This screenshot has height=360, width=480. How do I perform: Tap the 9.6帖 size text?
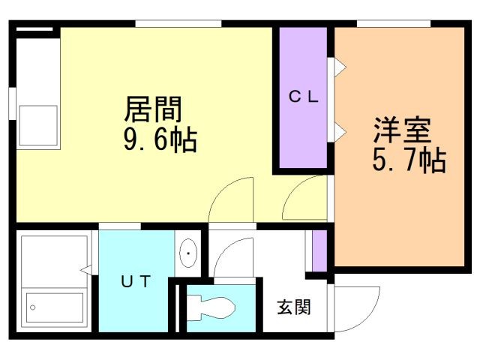coord(160,139)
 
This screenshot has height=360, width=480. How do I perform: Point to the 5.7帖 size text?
coord(409,160)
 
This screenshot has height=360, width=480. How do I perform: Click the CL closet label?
coord(304,96)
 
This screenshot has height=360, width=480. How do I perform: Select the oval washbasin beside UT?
coord(187,254)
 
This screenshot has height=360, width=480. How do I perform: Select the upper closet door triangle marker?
coord(339,67)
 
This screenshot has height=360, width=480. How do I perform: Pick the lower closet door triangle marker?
coord(339,133)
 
